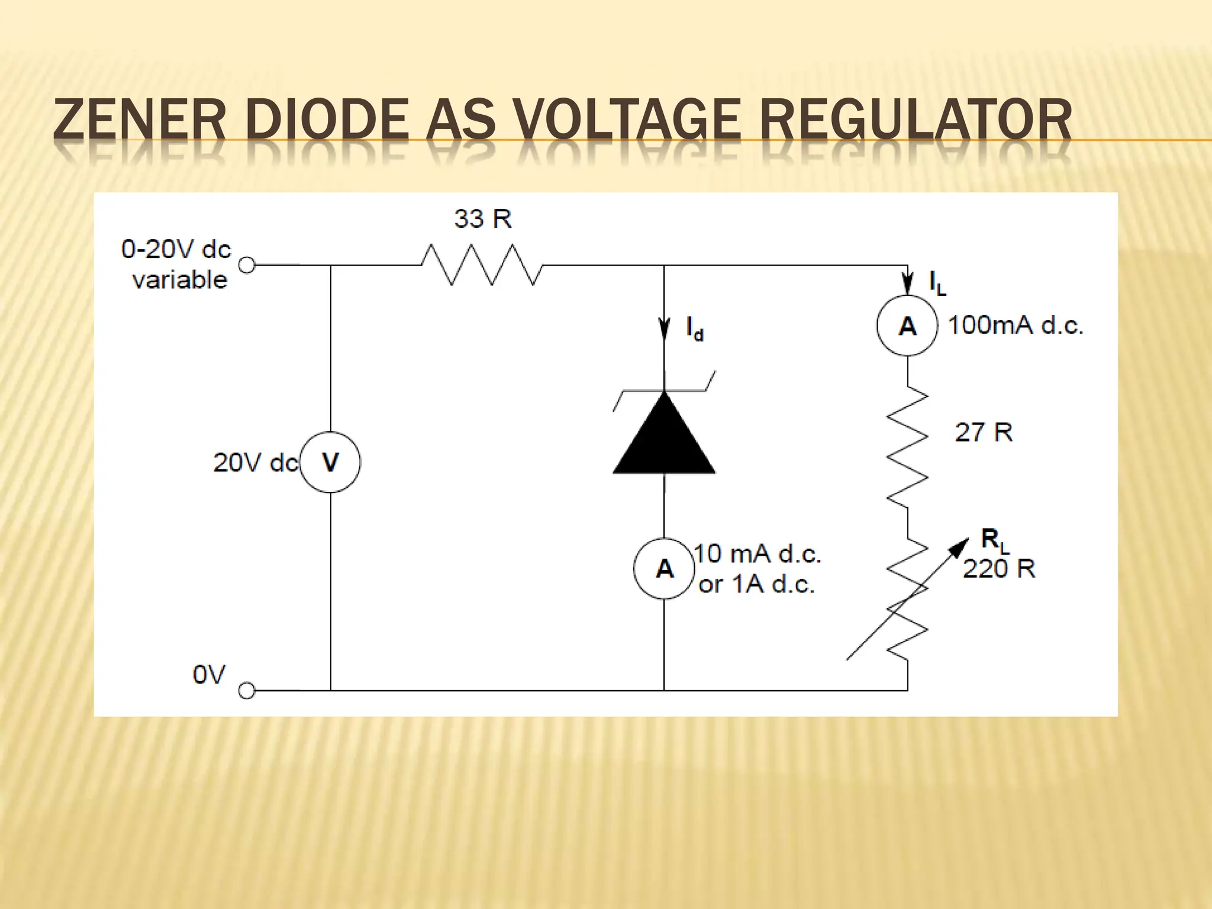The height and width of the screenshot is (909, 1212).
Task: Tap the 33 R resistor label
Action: [483, 219]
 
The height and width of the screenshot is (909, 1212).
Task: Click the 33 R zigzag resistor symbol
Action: [482, 265]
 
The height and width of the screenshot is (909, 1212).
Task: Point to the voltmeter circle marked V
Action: [330, 462]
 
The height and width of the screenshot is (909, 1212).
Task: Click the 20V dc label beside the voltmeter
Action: [255, 463]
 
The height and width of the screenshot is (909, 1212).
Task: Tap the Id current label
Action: [694, 329]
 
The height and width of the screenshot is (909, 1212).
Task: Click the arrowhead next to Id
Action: [664, 329]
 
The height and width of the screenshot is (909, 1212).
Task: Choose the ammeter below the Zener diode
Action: [664, 569]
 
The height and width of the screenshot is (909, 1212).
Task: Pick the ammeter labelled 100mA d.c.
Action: [907, 326]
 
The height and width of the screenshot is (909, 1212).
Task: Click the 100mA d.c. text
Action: [1016, 325]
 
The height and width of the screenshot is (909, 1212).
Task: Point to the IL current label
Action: [937, 283]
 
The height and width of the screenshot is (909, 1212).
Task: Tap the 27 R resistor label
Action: [984, 433]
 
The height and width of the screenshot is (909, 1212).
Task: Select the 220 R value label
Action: [999, 569]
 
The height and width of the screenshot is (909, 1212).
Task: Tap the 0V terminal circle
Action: [246, 691]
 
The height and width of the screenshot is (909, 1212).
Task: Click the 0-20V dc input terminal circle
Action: [247, 265]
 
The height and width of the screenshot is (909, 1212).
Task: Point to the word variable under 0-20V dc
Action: [180, 280]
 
